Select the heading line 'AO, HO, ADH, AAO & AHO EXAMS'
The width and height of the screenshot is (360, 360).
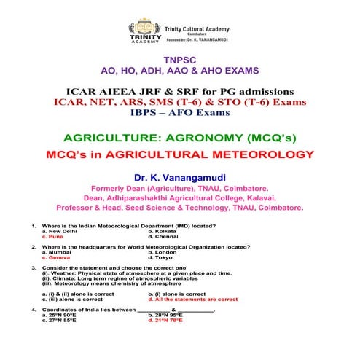coord(179,71)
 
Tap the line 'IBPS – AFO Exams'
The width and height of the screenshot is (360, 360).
coord(179,114)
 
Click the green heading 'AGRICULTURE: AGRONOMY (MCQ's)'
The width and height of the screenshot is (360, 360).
coord(179,138)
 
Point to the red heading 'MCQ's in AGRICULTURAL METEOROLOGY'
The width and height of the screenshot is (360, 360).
coord(179,154)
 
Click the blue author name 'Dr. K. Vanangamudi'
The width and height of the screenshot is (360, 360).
coord(179,177)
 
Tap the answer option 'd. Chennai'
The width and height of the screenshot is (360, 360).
coord(163,237)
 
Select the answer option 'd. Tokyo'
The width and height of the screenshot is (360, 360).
coord(161,257)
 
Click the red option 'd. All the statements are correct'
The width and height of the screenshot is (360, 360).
coord(192,299)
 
